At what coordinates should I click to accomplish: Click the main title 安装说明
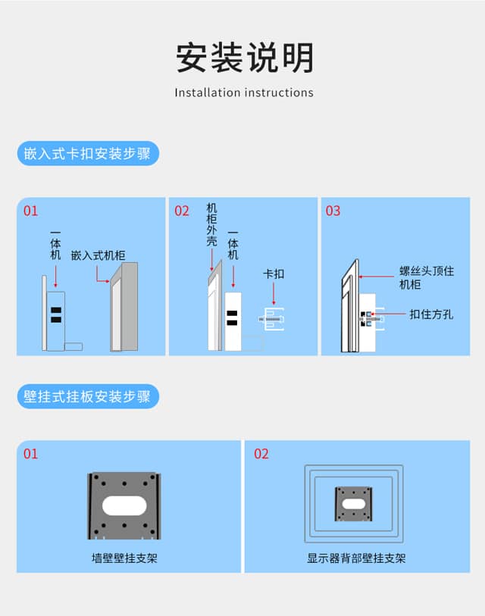[x=245, y=58]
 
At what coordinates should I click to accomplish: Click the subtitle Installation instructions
[x=244, y=92]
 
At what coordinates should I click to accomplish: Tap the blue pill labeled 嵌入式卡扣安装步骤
[x=88, y=153]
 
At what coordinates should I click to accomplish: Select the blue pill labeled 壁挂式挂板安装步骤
[x=88, y=396]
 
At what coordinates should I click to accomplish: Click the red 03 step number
[x=333, y=211]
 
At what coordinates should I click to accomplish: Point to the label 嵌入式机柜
[x=99, y=255]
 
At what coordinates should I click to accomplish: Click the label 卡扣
[x=274, y=274]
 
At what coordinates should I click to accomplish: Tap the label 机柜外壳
[x=212, y=225]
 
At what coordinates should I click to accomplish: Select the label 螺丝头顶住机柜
[x=427, y=277]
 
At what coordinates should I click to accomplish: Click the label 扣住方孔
[x=431, y=314]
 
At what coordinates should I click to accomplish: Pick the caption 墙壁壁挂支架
[x=124, y=558]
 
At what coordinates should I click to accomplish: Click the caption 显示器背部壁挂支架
[x=356, y=558]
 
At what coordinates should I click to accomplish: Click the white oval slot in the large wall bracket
[x=124, y=505]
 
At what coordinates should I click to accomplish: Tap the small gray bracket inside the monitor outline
[x=354, y=504]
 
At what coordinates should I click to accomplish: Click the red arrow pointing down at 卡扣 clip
[x=274, y=293]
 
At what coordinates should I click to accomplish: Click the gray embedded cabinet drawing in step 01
[x=124, y=307]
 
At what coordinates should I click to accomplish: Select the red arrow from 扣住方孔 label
[x=388, y=314]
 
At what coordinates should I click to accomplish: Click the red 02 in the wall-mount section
[x=261, y=454]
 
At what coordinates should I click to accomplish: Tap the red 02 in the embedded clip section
[x=182, y=211]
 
